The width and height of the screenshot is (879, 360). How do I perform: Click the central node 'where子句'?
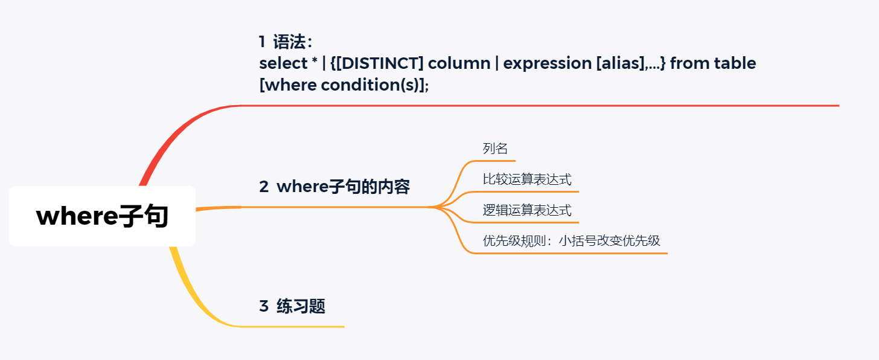pyautogui.click(x=102, y=216)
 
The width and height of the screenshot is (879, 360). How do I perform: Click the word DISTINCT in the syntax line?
pyautogui.click(x=380, y=63)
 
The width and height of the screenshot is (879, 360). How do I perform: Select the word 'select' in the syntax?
pyautogui.click(x=283, y=63)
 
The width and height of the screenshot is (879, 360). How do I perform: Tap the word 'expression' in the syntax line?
pyautogui.click(x=548, y=64)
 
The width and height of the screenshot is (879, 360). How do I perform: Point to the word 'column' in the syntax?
pyautogui.click(x=459, y=63)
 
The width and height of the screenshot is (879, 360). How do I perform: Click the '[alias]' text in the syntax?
pyautogui.click(x=621, y=63)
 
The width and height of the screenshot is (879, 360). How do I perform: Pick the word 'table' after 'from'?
pyautogui.click(x=735, y=63)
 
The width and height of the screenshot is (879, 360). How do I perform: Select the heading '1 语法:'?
pyautogui.click(x=286, y=42)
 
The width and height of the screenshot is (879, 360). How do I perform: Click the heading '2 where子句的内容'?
pyautogui.click(x=334, y=187)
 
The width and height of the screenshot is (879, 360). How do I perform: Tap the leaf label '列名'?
pyautogui.click(x=495, y=149)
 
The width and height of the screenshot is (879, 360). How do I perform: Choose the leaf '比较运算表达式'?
pyautogui.click(x=527, y=179)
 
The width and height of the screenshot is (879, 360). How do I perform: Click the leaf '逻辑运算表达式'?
pyautogui.click(x=527, y=210)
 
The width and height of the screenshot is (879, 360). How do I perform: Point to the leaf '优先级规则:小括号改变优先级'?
pyautogui.click(x=571, y=240)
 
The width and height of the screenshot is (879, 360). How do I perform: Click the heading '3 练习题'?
pyautogui.click(x=292, y=306)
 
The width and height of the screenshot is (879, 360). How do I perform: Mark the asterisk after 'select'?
pyautogui.click(x=315, y=61)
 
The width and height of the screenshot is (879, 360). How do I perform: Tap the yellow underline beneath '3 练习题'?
pyautogui.click(x=293, y=326)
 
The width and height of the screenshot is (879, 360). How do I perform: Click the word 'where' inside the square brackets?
pyautogui.click(x=291, y=85)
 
